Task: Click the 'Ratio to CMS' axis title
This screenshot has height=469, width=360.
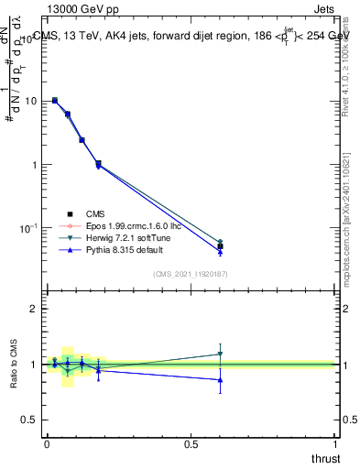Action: [14, 364]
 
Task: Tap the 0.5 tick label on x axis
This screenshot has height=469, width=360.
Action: [191, 443]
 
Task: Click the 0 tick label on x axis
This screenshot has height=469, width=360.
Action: [47, 443]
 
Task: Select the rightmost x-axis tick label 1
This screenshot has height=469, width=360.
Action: [334, 443]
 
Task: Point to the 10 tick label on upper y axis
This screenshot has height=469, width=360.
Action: [29, 102]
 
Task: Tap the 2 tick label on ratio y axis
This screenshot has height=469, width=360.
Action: [33, 310]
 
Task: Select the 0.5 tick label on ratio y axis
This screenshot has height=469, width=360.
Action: [29, 420]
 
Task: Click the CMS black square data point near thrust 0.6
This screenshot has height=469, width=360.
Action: [220, 246]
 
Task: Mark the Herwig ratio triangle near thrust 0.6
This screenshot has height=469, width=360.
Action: [220, 354]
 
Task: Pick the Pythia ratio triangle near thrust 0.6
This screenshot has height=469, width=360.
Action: [220, 379]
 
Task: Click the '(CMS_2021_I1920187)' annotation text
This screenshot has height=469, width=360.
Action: [190, 274]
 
